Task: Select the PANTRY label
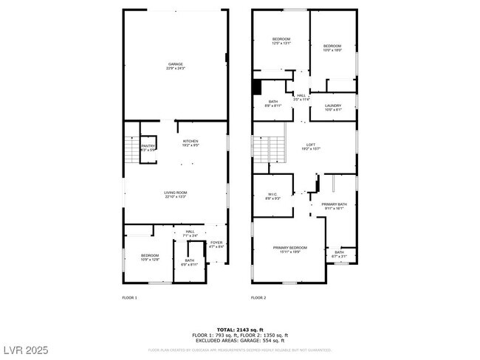[148, 148]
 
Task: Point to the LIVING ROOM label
[175, 195]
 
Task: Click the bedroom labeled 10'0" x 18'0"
[332, 48]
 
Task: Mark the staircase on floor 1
[131, 150]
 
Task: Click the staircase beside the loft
[269, 150]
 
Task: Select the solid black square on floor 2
[257, 87]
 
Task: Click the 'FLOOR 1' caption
[129, 298]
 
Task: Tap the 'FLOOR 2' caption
[258, 298]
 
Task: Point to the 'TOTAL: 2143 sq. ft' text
[240, 329]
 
